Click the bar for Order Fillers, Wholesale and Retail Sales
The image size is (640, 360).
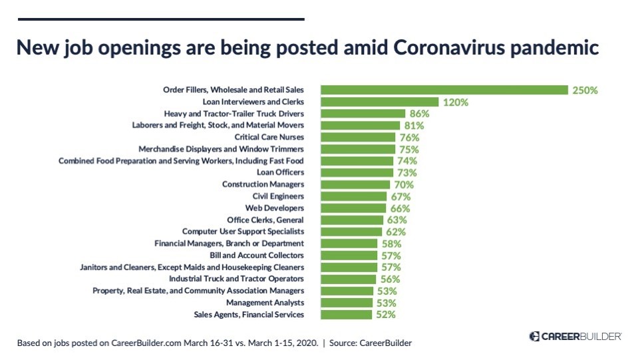[x=444, y=90]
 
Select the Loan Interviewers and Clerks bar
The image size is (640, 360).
[x=379, y=102]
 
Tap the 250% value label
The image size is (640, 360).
[x=585, y=90]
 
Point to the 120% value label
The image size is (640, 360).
[x=456, y=102]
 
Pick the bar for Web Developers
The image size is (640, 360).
[x=353, y=208]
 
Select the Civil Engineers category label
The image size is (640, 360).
[x=278, y=196]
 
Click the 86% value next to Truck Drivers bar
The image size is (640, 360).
[x=419, y=114]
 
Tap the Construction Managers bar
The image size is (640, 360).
[x=355, y=184]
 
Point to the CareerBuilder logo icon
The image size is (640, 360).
[x=534, y=337]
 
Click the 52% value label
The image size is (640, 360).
[x=385, y=315]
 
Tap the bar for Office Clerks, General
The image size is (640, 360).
[x=352, y=220]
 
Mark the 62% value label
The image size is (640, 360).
[x=395, y=232]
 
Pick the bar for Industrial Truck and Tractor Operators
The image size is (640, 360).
[x=348, y=279]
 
